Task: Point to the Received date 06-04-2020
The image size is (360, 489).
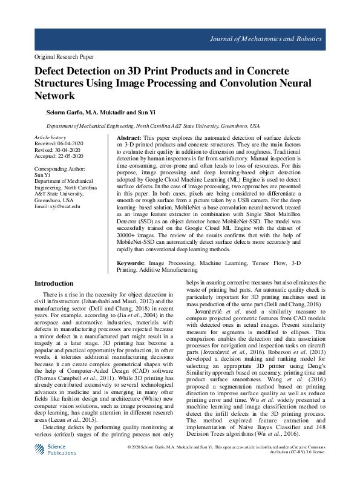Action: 72,144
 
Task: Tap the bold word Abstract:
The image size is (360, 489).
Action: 128,139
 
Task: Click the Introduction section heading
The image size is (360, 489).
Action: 54,283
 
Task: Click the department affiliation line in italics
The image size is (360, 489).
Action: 153,126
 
